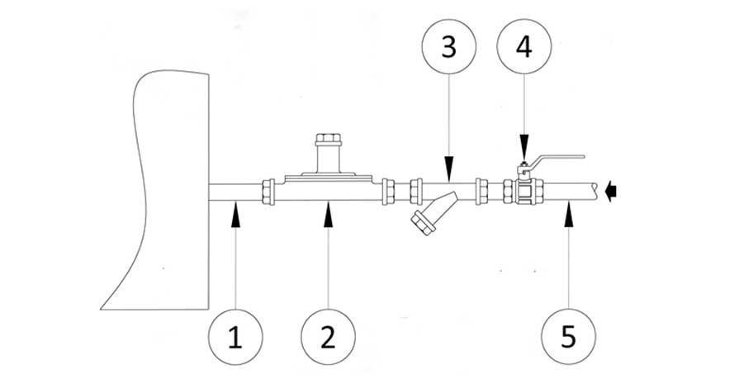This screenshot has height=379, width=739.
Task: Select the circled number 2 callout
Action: click(x=329, y=337)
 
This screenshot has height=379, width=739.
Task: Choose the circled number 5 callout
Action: click(x=568, y=337)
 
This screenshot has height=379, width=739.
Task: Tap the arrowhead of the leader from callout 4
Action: click(x=523, y=158)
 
